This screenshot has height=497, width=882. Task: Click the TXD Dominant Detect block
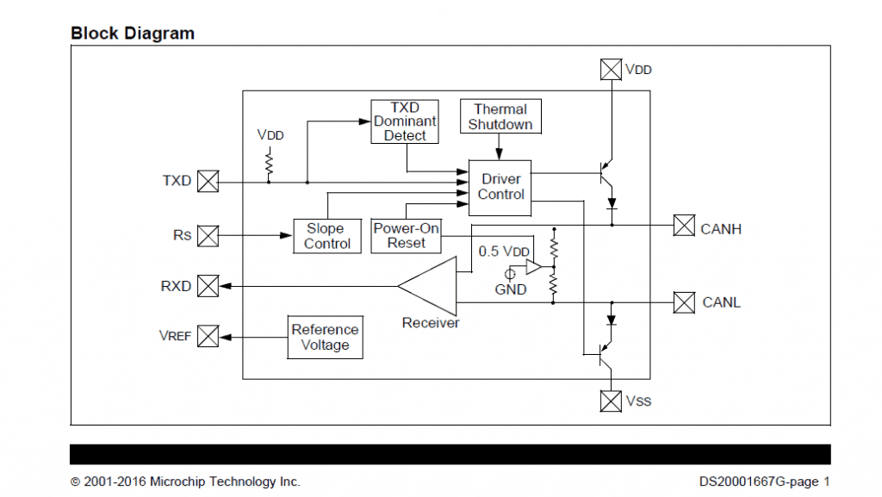(x=405, y=121)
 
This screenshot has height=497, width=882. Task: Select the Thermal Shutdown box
(x=500, y=116)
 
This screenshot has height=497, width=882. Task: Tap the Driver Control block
(x=500, y=187)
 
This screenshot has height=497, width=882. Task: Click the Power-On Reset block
(x=406, y=235)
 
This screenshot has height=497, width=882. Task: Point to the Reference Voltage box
(x=325, y=337)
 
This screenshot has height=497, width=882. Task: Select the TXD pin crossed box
(x=208, y=181)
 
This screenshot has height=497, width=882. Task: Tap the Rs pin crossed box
(x=208, y=235)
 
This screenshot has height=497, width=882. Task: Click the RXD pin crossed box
(x=208, y=286)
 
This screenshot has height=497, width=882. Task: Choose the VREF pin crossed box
(x=208, y=336)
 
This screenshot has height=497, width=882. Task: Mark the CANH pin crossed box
(x=683, y=226)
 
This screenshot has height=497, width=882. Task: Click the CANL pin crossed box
(x=683, y=302)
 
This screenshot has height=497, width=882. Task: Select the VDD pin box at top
(x=611, y=69)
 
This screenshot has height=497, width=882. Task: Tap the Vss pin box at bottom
(x=611, y=401)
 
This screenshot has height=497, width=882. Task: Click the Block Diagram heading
(x=133, y=34)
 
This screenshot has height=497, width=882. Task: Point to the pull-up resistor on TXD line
(x=269, y=160)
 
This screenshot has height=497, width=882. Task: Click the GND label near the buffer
(x=510, y=289)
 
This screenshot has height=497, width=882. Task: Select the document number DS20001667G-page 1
(x=764, y=481)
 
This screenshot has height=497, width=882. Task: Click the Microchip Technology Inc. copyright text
(x=185, y=481)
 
